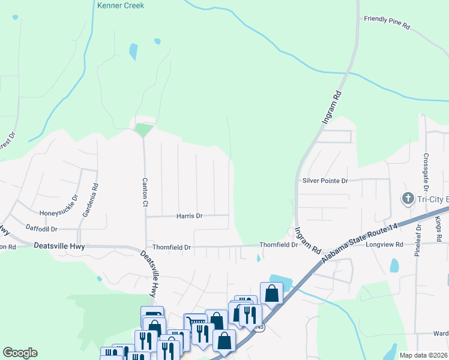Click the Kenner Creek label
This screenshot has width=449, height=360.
[x=120, y=5]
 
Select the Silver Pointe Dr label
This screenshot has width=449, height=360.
[x=325, y=181]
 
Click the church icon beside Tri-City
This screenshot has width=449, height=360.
[x=407, y=199]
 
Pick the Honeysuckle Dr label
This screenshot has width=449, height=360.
[x=58, y=206]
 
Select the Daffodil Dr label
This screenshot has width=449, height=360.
[x=41, y=229]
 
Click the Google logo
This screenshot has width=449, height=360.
[x=20, y=353]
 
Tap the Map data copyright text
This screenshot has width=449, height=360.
[x=423, y=355]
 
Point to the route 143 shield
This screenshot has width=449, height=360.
[x=259, y=328]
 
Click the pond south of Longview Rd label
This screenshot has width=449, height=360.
[x=394, y=265]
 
